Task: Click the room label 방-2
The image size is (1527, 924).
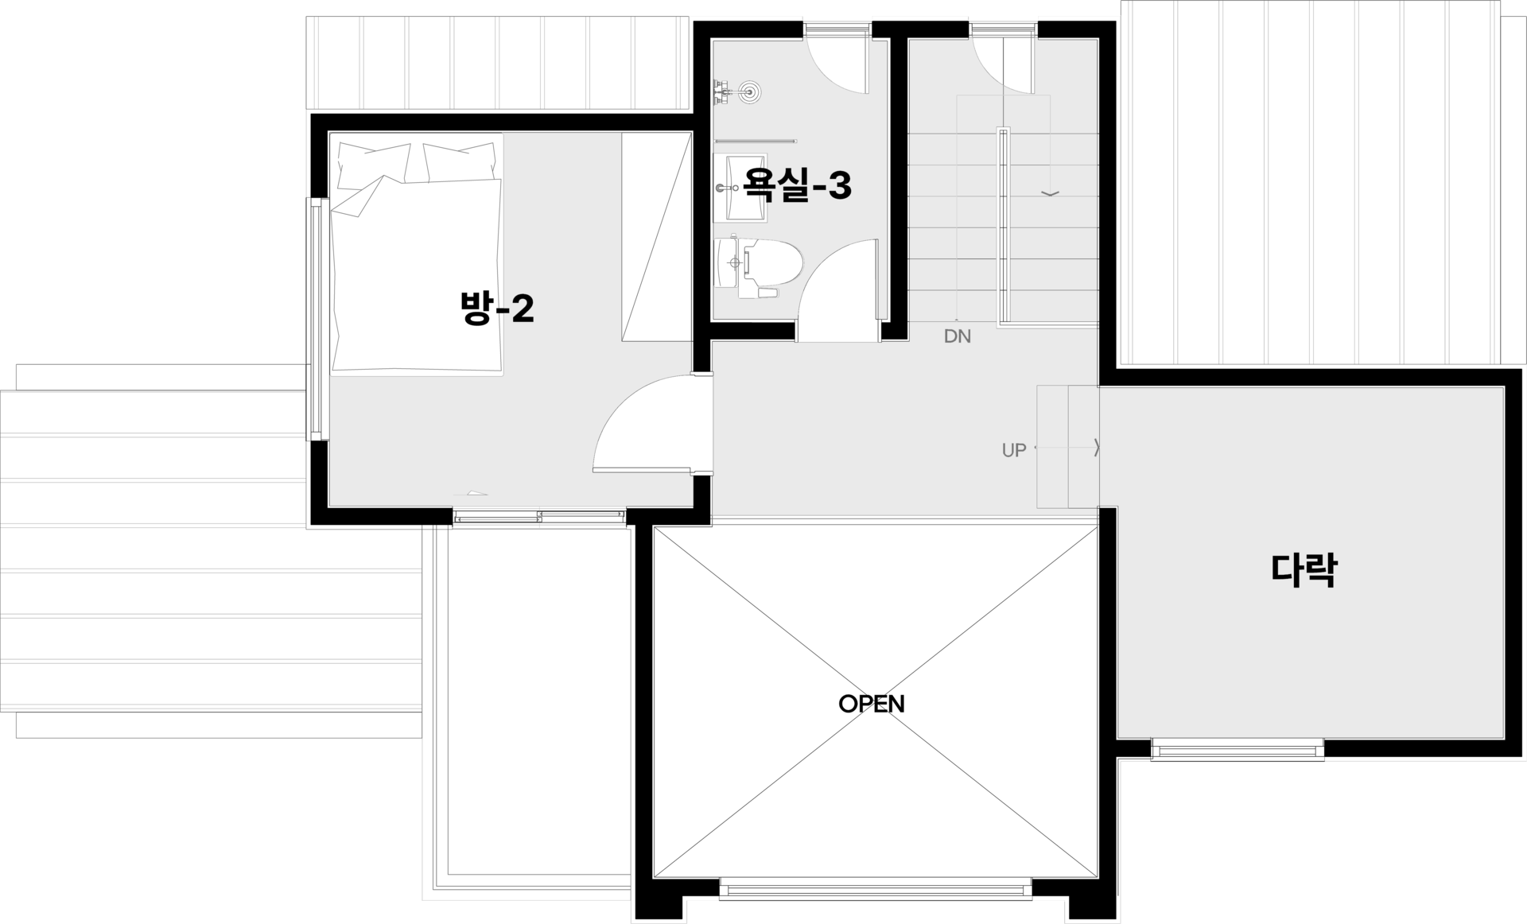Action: click(497, 308)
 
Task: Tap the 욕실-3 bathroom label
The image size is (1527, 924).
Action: click(797, 184)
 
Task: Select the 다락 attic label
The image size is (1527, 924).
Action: click(1304, 569)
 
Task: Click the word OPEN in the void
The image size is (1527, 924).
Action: click(872, 704)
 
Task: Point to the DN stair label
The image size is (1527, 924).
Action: click(958, 336)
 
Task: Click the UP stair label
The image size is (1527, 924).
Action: click(1014, 450)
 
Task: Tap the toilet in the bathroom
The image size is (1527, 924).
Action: click(759, 266)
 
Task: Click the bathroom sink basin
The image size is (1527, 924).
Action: click(740, 188)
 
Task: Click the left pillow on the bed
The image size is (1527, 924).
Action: click(375, 163)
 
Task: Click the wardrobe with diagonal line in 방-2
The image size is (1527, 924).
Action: click(656, 237)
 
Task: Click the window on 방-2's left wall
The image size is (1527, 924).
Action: click(317, 319)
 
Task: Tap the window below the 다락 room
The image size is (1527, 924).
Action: click(1238, 749)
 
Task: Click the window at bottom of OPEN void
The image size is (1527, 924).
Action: click(876, 888)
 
